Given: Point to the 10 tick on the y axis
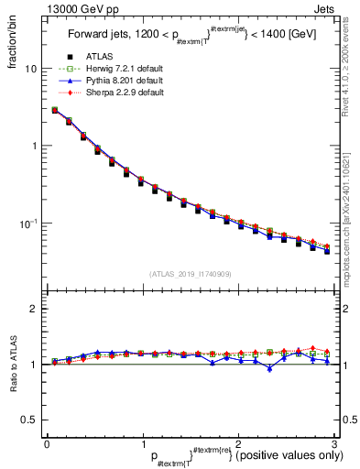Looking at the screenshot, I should click(30, 70).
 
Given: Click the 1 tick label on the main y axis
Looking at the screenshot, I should click(33, 147).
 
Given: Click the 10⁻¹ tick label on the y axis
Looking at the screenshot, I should click(28, 224).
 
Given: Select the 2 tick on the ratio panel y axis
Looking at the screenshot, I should click(33, 309).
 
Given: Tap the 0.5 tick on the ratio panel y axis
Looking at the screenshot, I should click(28, 420).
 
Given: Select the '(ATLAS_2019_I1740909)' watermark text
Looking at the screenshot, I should click(190, 274).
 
